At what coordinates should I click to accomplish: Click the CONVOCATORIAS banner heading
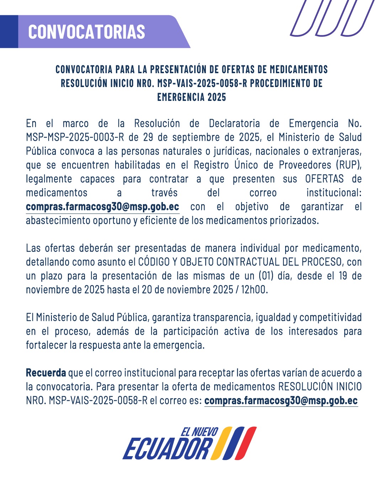[86, 32]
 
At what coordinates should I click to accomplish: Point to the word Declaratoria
[234, 124]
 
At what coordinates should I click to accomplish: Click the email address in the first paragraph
[102, 207]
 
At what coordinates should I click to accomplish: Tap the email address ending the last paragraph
[281, 401]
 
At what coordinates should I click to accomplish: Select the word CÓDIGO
[154, 262]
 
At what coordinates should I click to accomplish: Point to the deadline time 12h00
[254, 290]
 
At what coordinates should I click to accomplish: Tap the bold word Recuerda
[46, 373]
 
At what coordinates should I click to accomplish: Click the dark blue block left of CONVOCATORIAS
[9, 32]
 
